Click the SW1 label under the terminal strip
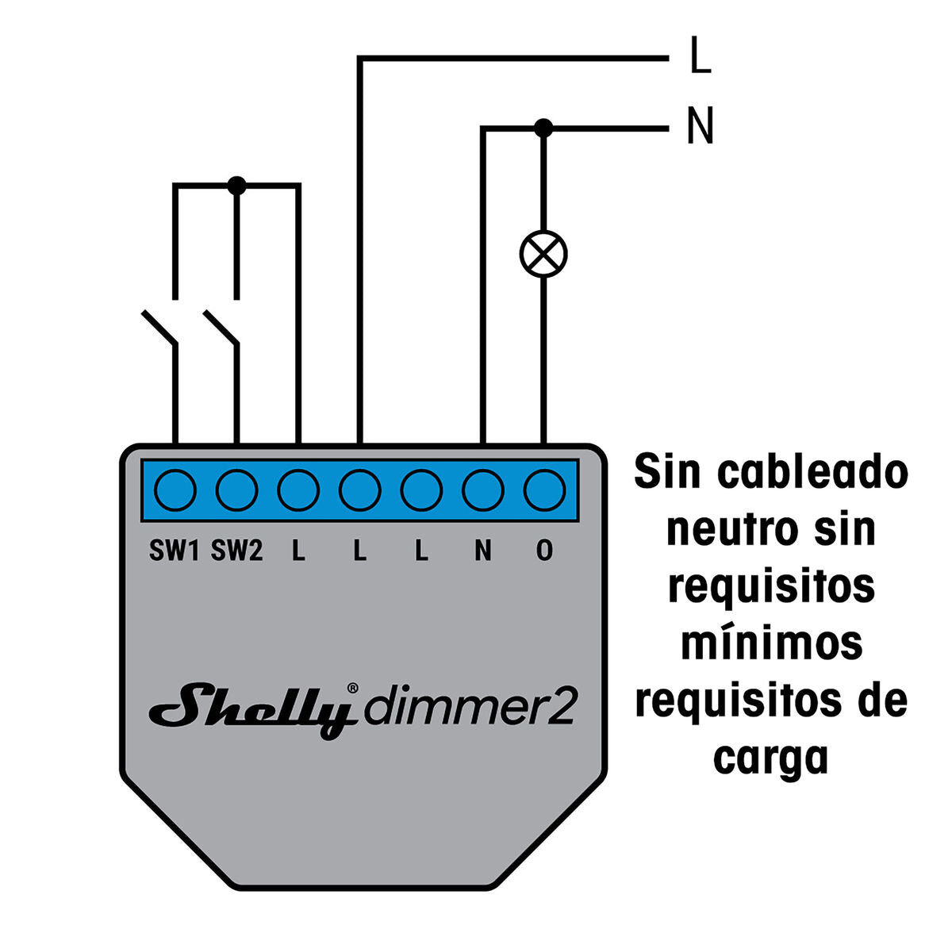(174, 551)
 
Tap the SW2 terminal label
(236, 551)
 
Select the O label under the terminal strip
(544, 551)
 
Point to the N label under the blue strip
(482, 551)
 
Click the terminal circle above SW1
(175, 490)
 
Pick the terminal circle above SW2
(236, 490)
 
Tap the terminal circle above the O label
(544, 490)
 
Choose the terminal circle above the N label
(482, 490)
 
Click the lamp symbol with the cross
(543, 255)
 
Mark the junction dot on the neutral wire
(543, 127)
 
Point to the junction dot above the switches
(236, 186)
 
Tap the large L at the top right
(700, 56)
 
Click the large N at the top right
(700, 126)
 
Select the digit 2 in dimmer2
(562, 707)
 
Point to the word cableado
(812, 474)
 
